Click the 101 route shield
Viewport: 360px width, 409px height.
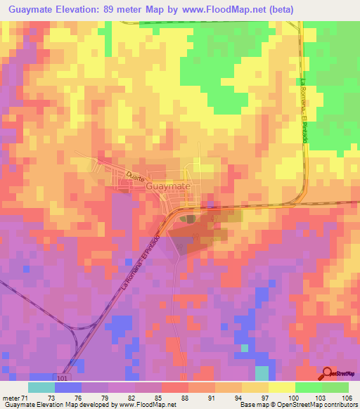click(64, 377)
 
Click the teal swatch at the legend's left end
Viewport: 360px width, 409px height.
click(41, 387)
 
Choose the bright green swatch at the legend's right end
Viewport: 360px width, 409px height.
click(335, 387)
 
